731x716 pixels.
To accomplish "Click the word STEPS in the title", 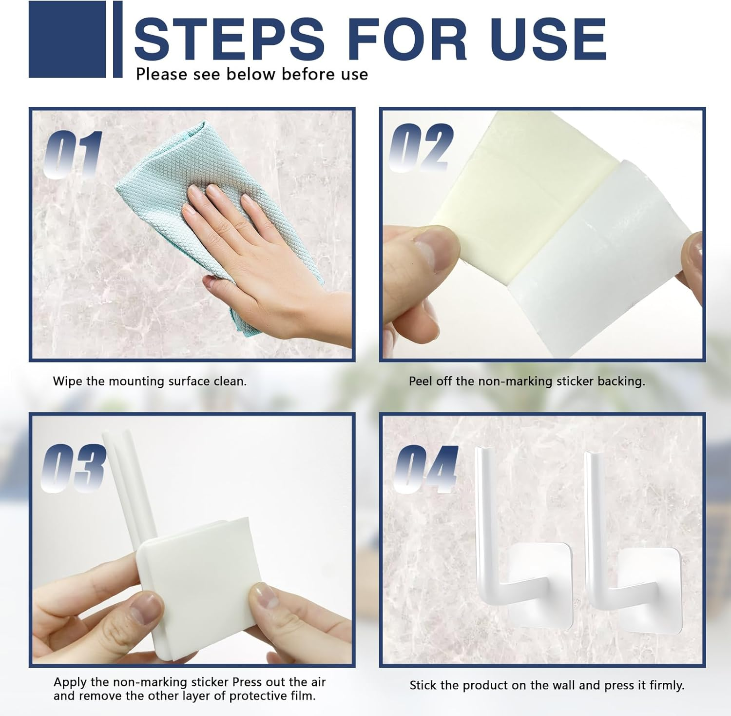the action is [x=230, y=39].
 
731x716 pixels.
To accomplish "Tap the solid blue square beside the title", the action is [x=67, y=39].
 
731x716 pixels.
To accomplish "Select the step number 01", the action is [x=73, y=155].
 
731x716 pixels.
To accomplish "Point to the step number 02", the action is [x=421, y=147].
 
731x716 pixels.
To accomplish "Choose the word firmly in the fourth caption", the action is [x=667, y=686].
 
